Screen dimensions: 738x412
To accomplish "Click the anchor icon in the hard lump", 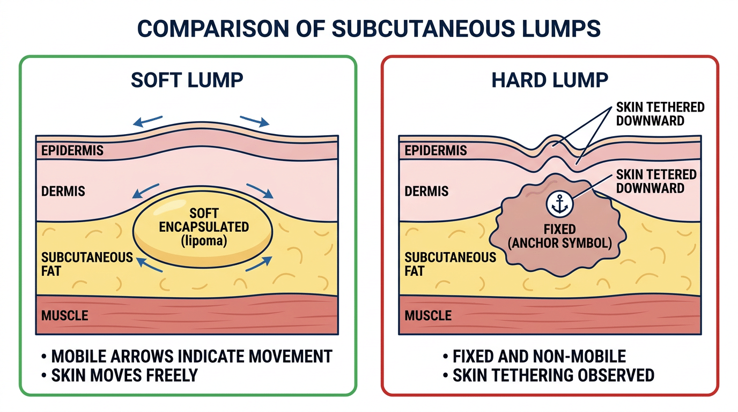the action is pyautogui.click(x=559, y=204).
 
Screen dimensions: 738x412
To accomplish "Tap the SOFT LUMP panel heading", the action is pyautogui.click(x=187, y=80).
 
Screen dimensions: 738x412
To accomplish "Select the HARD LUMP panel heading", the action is pyautogui.click(x=550, y=80).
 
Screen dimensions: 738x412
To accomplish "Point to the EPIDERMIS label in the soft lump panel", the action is pyautogui.click(x=72, y=151).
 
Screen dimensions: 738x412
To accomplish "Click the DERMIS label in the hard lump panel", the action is pyautogui.click(x=426, y=191).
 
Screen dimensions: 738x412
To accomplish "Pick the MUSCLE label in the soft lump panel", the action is pyautogui.click(x=64, y=315).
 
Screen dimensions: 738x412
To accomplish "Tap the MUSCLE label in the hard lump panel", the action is pyautogui.click(x=428, y=315).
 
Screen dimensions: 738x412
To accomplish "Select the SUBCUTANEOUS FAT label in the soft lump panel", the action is pyautogui.click(x=87, y=264).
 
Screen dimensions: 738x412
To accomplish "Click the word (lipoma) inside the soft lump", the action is pyautogui.click(x=204, y=241).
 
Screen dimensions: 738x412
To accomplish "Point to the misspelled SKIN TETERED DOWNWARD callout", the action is pyautogui.click(x=656, y=181).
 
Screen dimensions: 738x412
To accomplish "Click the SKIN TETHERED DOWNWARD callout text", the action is pyautogui.click(x=660, y=114).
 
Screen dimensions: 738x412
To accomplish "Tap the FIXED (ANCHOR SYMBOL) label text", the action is pyautogui.click(x=559, y=236).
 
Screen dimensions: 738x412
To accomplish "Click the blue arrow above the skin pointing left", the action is pyautogui.click(x=147, y=121).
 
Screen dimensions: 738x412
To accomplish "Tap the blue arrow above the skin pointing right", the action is pyautogui.click(x=255, y=121).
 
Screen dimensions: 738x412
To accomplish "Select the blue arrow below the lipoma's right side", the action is pyautogui.click(x=259, y=264).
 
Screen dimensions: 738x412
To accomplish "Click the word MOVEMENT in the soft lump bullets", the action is pyautogui.click(x=290, y=356).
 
